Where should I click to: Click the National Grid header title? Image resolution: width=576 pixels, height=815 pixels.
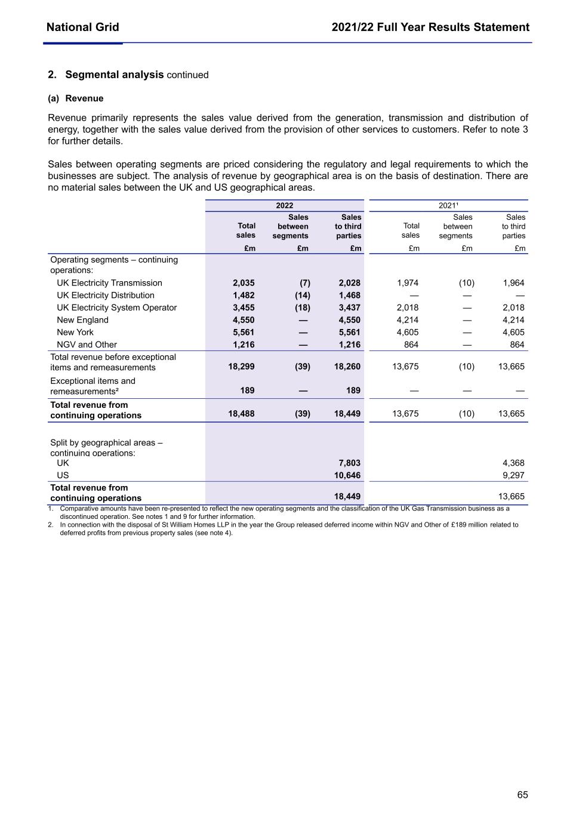coord(82,27)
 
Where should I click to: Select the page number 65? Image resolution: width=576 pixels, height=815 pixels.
coord(522,795)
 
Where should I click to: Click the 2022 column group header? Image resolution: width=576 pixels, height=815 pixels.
coord(284,205)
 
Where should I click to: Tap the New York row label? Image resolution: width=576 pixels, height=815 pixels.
coord(75,332)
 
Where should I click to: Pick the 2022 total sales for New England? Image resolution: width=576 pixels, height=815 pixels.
coord(244,320)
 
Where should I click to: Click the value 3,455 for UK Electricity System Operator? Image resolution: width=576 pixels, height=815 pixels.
coord(244,307)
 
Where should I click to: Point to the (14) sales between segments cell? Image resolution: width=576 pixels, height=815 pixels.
coord(302,295)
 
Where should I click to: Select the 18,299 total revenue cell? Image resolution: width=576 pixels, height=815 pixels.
coord(241,367)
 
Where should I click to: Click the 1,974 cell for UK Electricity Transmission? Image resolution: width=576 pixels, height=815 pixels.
coord(408,283)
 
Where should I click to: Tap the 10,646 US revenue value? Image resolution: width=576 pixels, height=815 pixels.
coord(347,475)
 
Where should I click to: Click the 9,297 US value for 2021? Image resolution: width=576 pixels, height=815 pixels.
coord(513,475)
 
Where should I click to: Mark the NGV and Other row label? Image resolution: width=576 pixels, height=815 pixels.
coord(87,345)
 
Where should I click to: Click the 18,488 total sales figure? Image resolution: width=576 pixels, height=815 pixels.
coord(241,413)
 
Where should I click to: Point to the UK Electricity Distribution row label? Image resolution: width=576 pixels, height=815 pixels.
coord(105,295)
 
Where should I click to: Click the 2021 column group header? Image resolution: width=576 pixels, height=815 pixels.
coord(448,205)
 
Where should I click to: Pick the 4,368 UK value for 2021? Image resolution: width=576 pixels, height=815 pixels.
coord(513,463)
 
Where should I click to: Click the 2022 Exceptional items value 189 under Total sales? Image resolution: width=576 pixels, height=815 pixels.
coord(247,390)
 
